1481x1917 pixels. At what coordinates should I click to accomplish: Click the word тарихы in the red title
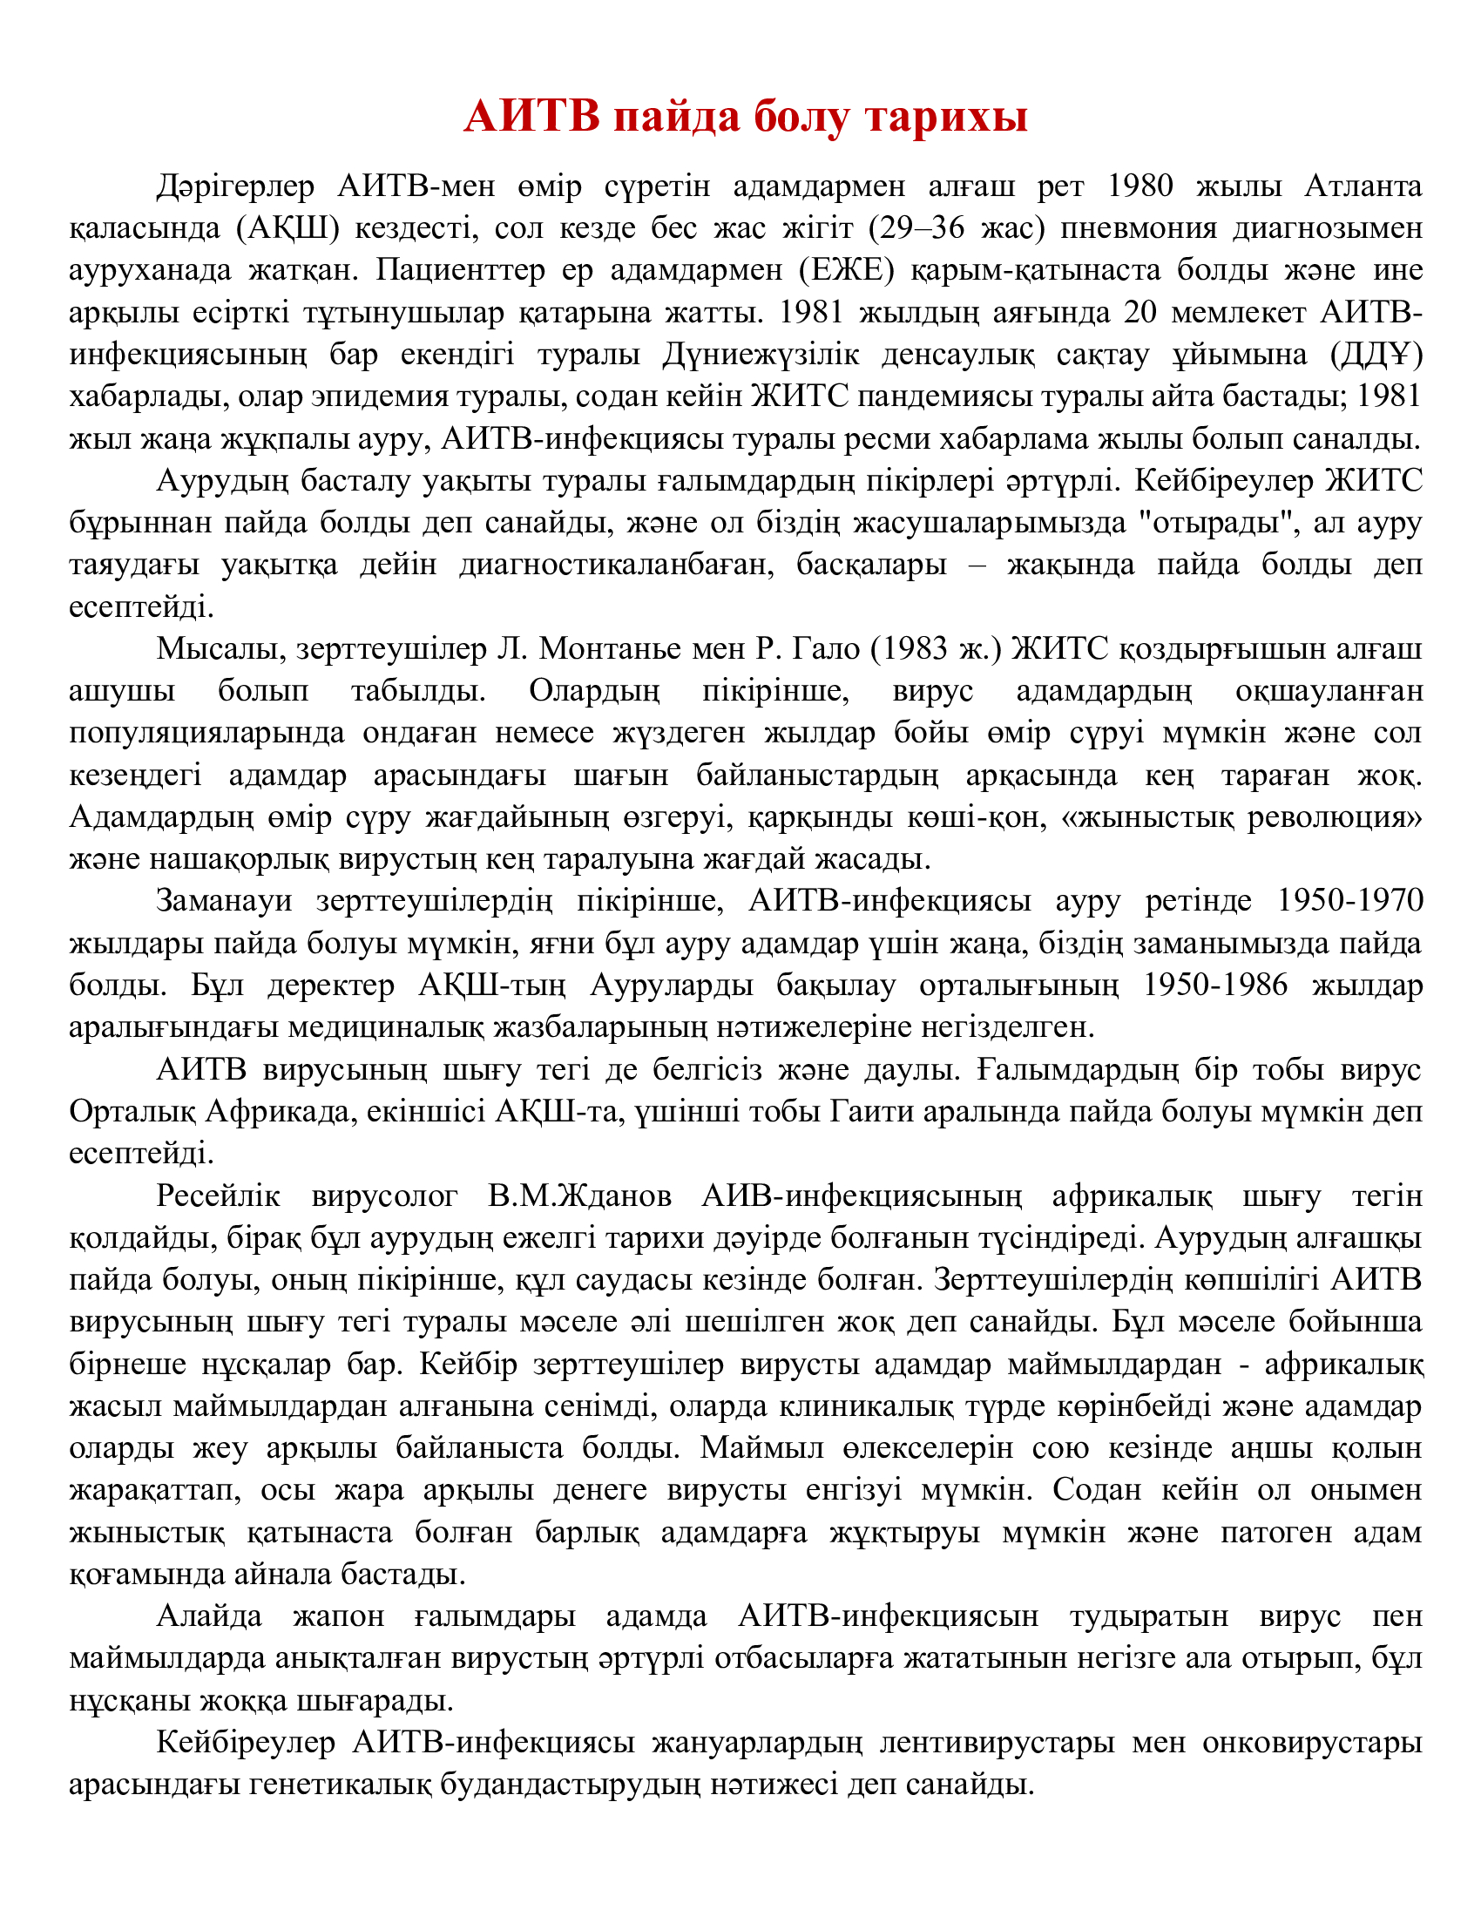[946, 118]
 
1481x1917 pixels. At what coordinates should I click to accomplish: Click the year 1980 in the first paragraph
[1139, 187]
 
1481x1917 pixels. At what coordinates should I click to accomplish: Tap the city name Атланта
[1363, 187]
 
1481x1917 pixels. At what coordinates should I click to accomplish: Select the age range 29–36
[924, 229]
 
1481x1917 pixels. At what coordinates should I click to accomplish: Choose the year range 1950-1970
[1350, 902]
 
